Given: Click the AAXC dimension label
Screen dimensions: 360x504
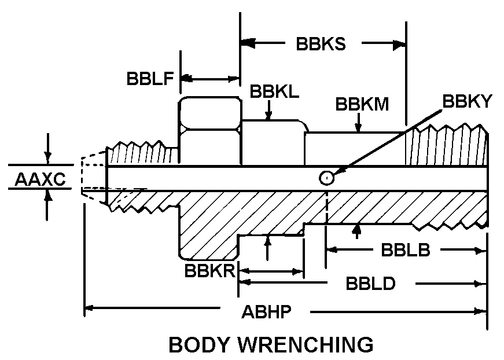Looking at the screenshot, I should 40,179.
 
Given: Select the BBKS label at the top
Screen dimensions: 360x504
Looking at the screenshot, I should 321,45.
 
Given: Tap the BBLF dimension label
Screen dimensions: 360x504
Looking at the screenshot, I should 150,79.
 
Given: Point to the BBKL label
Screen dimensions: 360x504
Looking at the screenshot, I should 274,92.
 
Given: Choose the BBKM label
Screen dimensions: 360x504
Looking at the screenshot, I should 362,105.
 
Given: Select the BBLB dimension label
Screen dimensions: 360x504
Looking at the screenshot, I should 405,250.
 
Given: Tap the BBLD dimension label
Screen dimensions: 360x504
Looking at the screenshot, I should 370,284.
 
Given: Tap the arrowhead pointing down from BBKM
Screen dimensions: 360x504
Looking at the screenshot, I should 359,128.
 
